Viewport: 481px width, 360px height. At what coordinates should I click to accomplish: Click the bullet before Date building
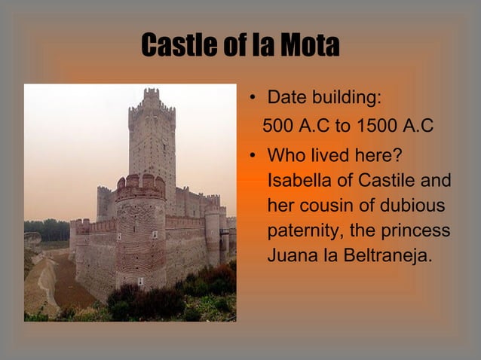tap(254, 98)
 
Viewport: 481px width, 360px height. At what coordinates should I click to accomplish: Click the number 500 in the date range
tap(277, 125)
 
